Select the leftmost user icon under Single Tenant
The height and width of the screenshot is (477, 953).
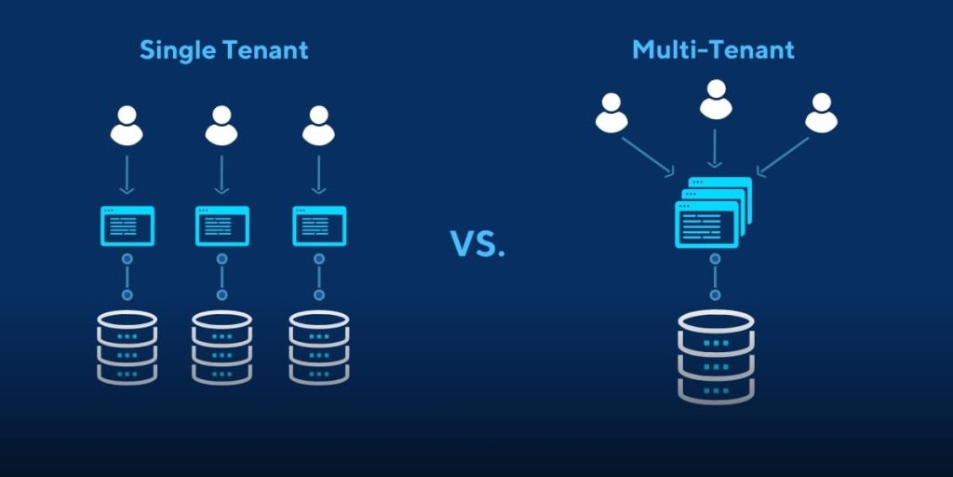(x=127, y=126)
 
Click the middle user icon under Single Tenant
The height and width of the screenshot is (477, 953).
(x=221, y=126)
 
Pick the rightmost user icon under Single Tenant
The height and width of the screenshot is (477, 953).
(x=318, y=126)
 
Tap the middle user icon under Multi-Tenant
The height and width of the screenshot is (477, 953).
(x=715, y=100)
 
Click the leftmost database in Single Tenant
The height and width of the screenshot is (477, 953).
(x=127, y=347)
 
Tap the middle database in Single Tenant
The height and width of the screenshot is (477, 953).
(x=221, y=347)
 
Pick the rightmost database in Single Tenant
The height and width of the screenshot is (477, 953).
(x=318, y=347)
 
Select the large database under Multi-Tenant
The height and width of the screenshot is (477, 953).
(x=715, y=356)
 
